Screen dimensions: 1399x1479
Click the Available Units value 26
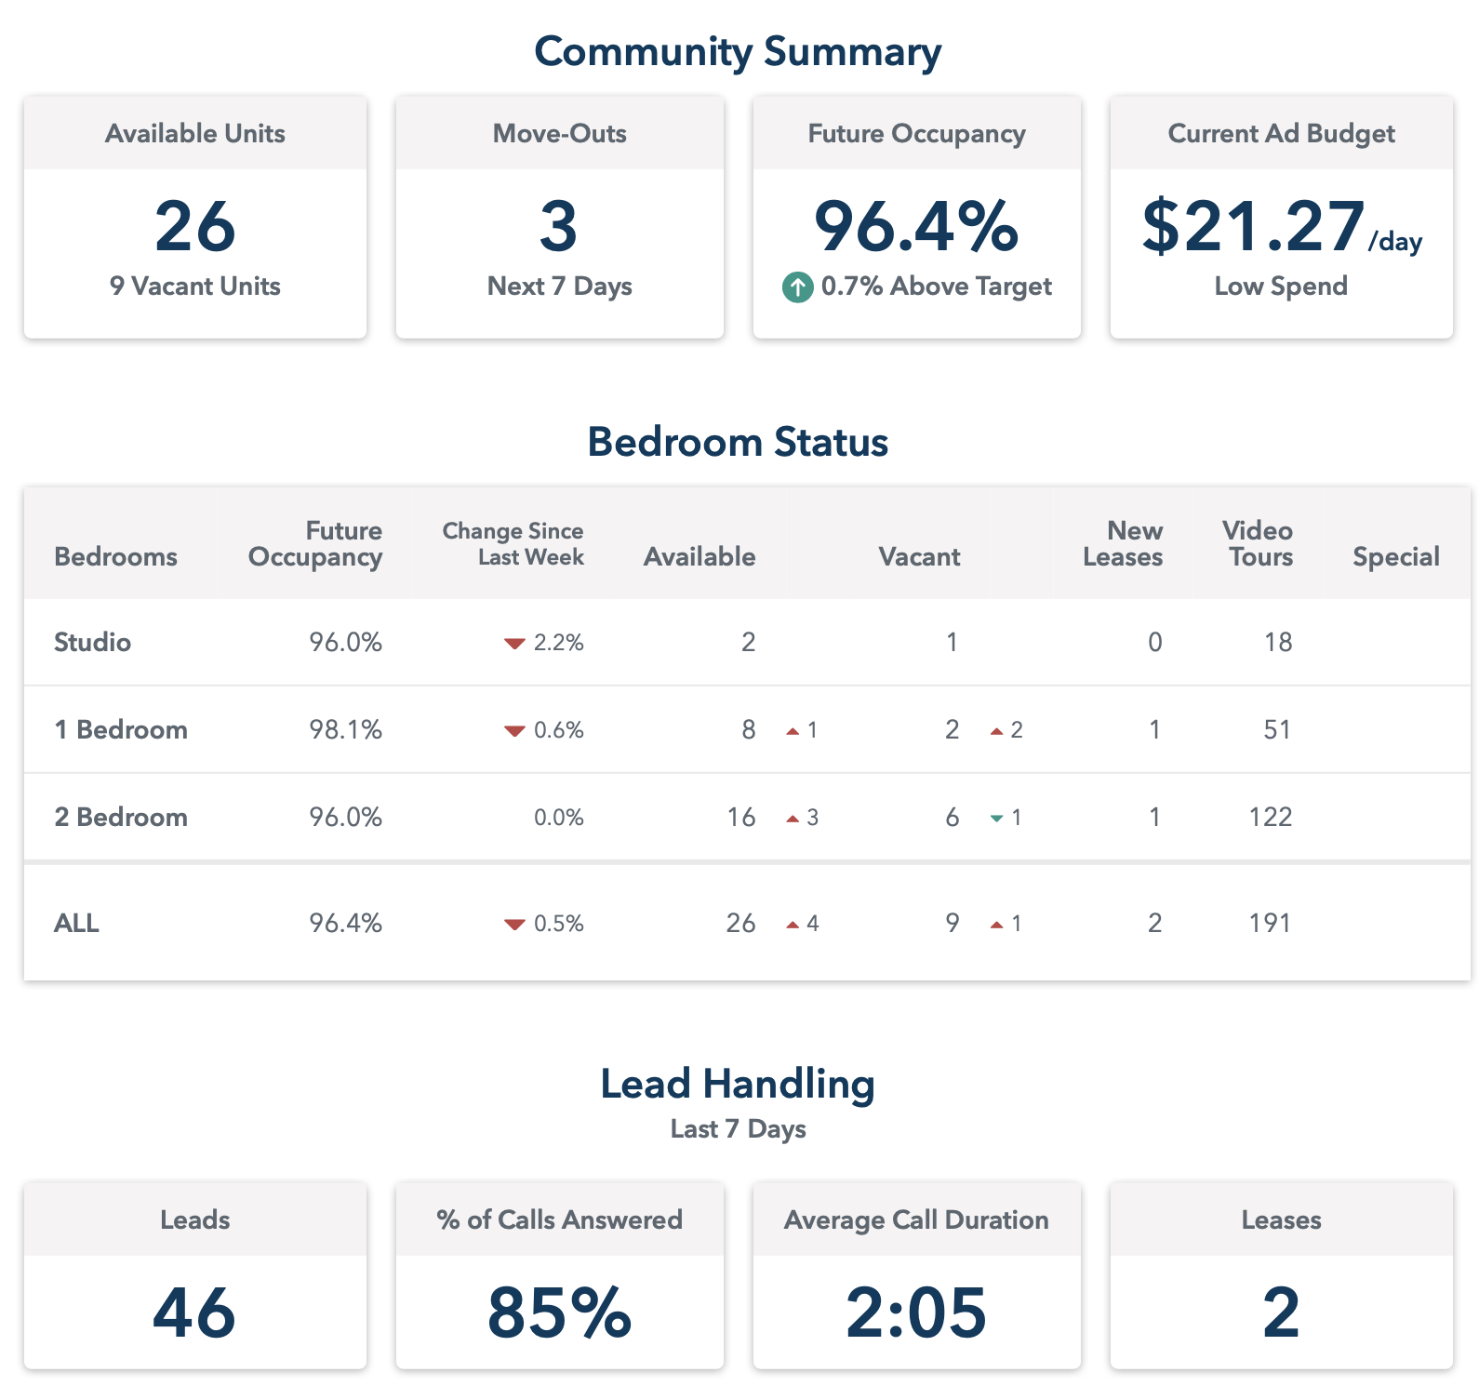[195, 227]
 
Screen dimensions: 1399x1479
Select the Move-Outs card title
[559, 134]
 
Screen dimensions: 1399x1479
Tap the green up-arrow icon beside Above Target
[797, 287]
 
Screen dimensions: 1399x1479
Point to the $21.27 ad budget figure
[1252, 227]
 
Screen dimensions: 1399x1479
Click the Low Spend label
[1281, 286]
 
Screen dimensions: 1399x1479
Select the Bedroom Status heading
[738, 442]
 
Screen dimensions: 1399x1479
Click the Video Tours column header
[1258, 543]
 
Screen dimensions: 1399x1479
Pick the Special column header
[1395, 556]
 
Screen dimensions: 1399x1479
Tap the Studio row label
[92, 642]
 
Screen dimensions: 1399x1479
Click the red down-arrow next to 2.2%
[514, 644]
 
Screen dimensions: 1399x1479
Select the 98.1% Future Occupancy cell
[345, 729]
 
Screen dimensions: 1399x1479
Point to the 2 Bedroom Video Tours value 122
[1270, 817]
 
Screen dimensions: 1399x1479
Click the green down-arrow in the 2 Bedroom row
[996, 819]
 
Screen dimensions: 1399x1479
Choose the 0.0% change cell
[558, 818]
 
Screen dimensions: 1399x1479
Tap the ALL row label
[76, 923]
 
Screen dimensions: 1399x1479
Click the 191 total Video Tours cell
[1270, 923]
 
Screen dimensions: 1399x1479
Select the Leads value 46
[194, 1312]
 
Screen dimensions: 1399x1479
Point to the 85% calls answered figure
[559, 1312]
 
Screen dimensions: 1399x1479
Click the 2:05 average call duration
[916, 1312]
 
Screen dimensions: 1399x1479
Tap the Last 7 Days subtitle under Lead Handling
[738, 1129]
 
